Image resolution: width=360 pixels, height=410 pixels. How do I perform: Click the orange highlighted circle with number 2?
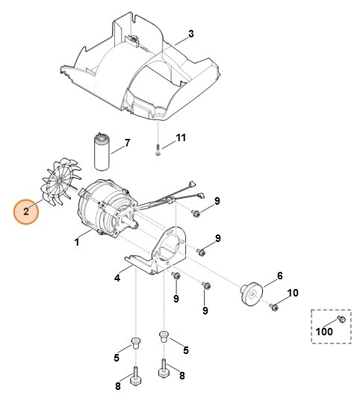click(26, 211)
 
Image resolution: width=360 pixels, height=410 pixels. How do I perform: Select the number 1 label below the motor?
click(76, 243)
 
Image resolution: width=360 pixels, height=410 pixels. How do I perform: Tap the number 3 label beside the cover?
click(190, 34)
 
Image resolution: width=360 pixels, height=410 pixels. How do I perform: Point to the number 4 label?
click(117, 278)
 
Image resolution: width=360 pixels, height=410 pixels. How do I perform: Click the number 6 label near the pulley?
click(280, 276)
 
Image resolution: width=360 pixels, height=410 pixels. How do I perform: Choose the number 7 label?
click(127, 143)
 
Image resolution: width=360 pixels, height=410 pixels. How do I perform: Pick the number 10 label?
click(294, 292)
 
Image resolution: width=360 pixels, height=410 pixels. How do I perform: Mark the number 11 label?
click(180, 139)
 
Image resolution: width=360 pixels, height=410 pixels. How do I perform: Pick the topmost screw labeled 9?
click(194, 214)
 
